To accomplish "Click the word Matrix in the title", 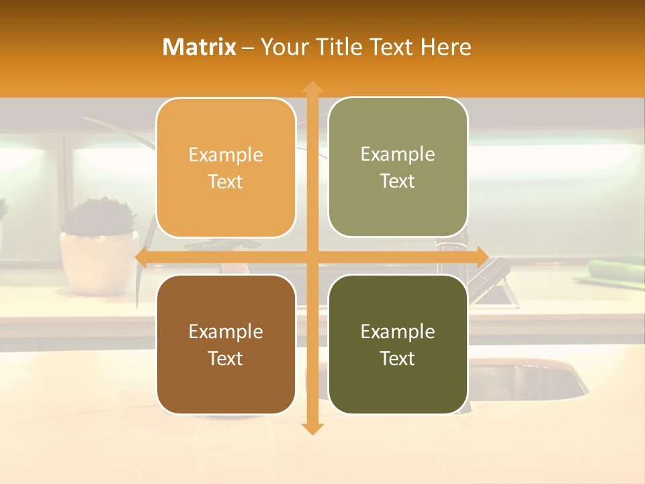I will pyautogui.click(x=200, y=47).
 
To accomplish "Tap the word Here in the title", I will pyautogui.click(x=445, y=47).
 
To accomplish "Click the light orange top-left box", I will pyautogui.click(x=226, y=168).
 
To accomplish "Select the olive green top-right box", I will pyautogui.click(x=398, y=167).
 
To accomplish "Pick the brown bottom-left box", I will pyautogui.click(x=226, y=345).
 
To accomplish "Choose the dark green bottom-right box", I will pyautogui.click(x=398, y=345).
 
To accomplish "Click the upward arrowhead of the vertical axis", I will pyautogui.click(x=312, y=87).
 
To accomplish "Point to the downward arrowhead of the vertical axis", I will pyautogui.click(x=312, y=428).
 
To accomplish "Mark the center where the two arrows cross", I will pyautogui.click(x=312, y=257).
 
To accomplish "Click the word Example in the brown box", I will pyautogui.click(x=226, y=332).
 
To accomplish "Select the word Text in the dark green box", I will pyautogui.click(x=398, y=359).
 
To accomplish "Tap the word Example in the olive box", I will pyautogui.click(x=398, y=155).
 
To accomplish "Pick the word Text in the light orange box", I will pyautogui.click(x=226, y=182).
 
